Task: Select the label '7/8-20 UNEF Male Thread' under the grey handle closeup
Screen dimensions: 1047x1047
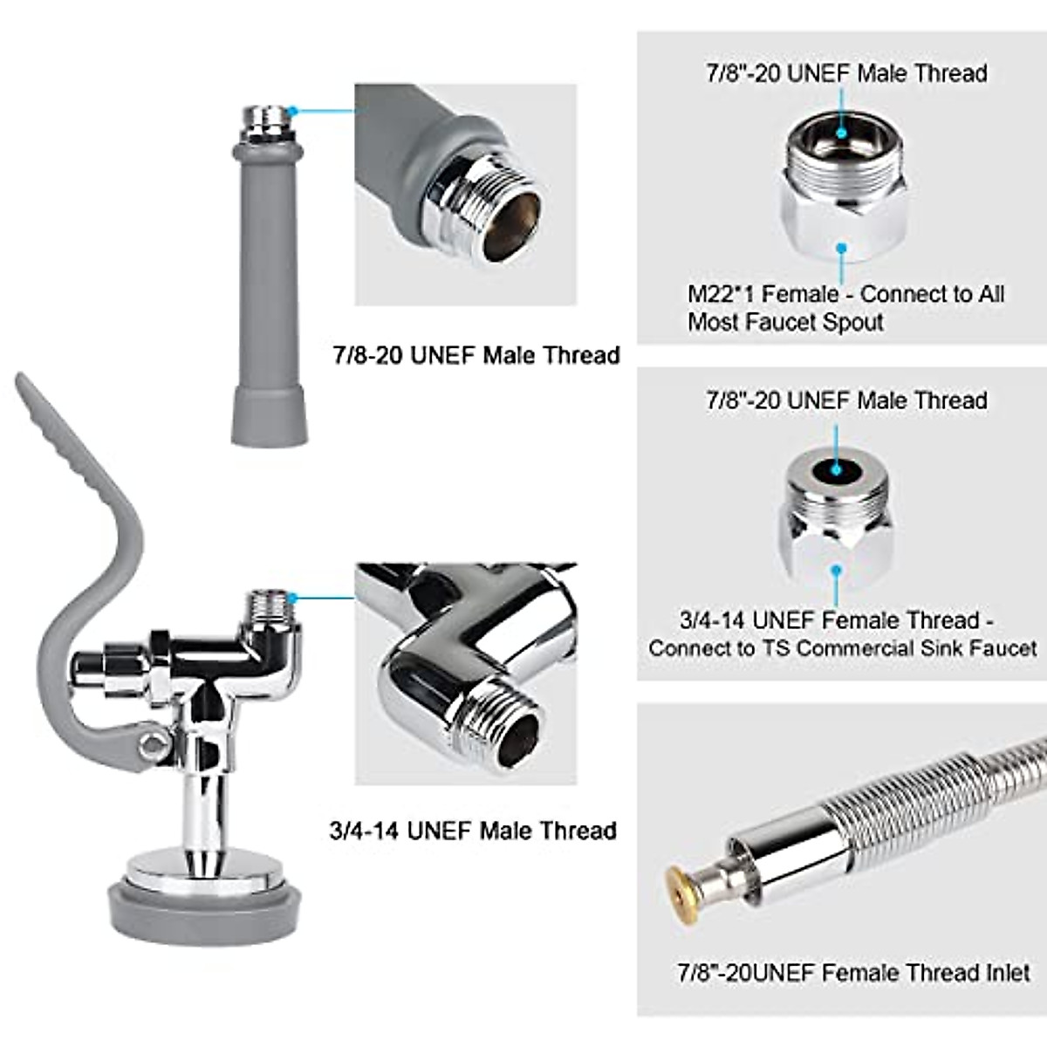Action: (x=476, y=355)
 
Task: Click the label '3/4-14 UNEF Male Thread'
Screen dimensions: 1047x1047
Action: (x=473, y=830)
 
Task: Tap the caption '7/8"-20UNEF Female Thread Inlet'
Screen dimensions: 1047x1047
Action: (x=853, y=972)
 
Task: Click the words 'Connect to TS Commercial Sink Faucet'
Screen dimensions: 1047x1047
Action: (x=843, y=648)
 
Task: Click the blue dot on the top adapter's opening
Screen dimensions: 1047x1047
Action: (x=842, y=133)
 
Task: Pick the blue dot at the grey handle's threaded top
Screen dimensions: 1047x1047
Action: (x=293, y=111)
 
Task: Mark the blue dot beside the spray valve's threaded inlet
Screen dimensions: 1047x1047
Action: (x=293, y=598)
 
